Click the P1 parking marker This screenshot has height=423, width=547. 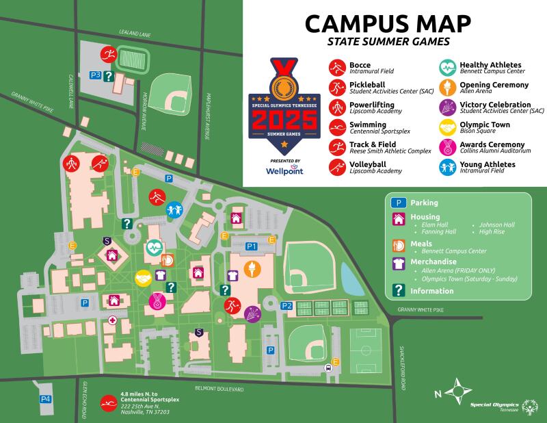(x=251, y=246)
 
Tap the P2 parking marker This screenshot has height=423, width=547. (x=286, y=306)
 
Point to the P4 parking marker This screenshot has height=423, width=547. (x=45, y=398)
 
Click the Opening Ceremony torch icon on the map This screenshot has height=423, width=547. (x=252, y=269)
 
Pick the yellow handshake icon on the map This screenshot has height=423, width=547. (x=143, y=278)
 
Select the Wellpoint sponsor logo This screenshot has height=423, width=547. (x=285, y=169)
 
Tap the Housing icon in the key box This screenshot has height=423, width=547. (x=397, y=219)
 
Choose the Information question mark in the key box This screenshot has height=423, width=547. (x=397, y=291)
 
